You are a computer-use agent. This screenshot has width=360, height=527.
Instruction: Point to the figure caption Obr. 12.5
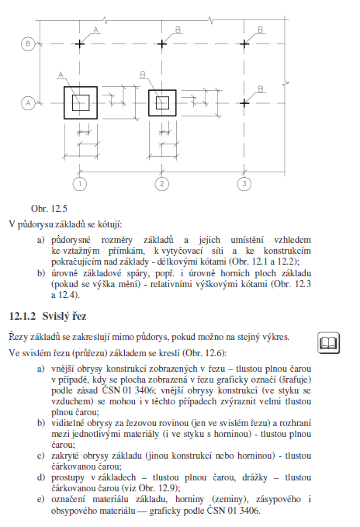click(49, 209)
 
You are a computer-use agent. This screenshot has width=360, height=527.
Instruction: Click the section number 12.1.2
click(22, 316)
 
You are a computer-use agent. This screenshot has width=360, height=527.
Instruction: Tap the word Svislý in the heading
click(54, 317)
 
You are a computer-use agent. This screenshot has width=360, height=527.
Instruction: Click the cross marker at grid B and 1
click(80, 43)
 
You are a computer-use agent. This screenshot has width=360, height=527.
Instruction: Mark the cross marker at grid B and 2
click(162, 43)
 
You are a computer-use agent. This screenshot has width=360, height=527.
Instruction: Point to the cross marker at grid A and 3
click(244, 103)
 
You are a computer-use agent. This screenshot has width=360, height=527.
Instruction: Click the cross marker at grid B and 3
click(244, 43)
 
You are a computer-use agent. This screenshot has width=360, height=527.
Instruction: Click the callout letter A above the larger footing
click(61, 75)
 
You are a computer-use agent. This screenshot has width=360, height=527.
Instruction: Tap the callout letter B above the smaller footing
click(143, 75)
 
